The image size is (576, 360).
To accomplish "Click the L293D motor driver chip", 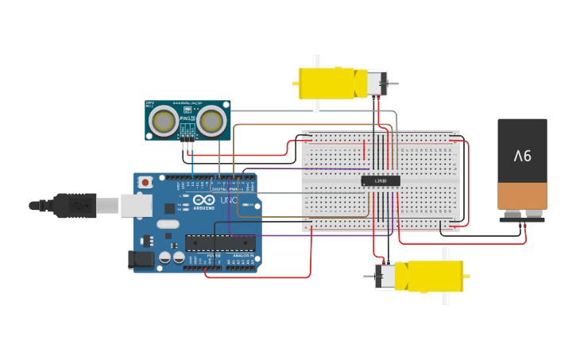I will click(380, 181).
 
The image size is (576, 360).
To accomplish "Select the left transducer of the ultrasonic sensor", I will click(164, 122).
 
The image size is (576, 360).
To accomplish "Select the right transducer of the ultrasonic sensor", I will click(211, 122).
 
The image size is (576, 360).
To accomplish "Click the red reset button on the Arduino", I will click(145, 182).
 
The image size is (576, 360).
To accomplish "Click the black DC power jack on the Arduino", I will click(141, 259).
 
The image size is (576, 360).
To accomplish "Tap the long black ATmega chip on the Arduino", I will click(220, 242).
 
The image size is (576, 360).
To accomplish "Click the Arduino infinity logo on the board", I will click(203, 201).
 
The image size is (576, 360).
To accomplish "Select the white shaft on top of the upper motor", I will click(316, 61).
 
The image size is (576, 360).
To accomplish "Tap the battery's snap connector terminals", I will click(522, 215).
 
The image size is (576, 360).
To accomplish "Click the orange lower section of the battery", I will click(522, 195).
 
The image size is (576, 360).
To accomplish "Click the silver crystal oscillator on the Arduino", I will click(168, 224).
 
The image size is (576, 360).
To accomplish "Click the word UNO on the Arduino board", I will click(229, 201).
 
